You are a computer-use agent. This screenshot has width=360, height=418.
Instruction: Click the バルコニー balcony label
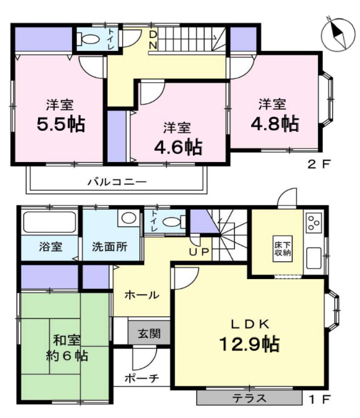117,182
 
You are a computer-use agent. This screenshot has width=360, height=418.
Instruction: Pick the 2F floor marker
320,164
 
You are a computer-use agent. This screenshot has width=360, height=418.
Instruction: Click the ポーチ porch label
142,378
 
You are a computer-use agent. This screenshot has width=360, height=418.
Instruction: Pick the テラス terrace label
249,398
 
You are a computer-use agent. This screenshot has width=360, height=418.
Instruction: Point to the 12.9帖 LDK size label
249,344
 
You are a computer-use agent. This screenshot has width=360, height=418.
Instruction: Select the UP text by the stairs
199,251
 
